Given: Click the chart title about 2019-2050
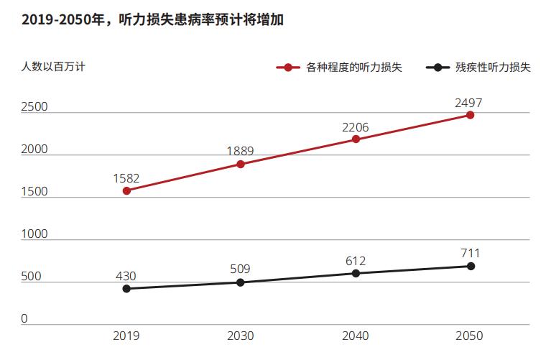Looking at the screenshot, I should [153, 20].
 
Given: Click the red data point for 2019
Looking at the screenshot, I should [126, 191].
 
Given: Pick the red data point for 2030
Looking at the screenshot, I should [241, 165].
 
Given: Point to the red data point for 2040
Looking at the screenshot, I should [356, 139].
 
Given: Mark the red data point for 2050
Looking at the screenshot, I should [471, 115].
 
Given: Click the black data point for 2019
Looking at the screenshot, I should [126, 289].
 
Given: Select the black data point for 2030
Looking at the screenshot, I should [241, 282].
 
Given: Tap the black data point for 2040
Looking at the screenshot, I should [356, 273].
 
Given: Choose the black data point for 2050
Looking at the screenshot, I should [471, 266].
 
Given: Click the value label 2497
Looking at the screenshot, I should [468, 103].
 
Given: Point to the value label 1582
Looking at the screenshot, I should [126, 178].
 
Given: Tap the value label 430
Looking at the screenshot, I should [126, 276].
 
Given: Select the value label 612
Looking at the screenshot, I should [356, 260].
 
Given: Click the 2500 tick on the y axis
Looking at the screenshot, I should [34, 107].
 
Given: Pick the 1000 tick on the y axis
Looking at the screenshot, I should [34, 234].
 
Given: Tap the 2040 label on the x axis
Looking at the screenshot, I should [356, 336].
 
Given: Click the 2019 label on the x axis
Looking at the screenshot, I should [126, 336].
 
